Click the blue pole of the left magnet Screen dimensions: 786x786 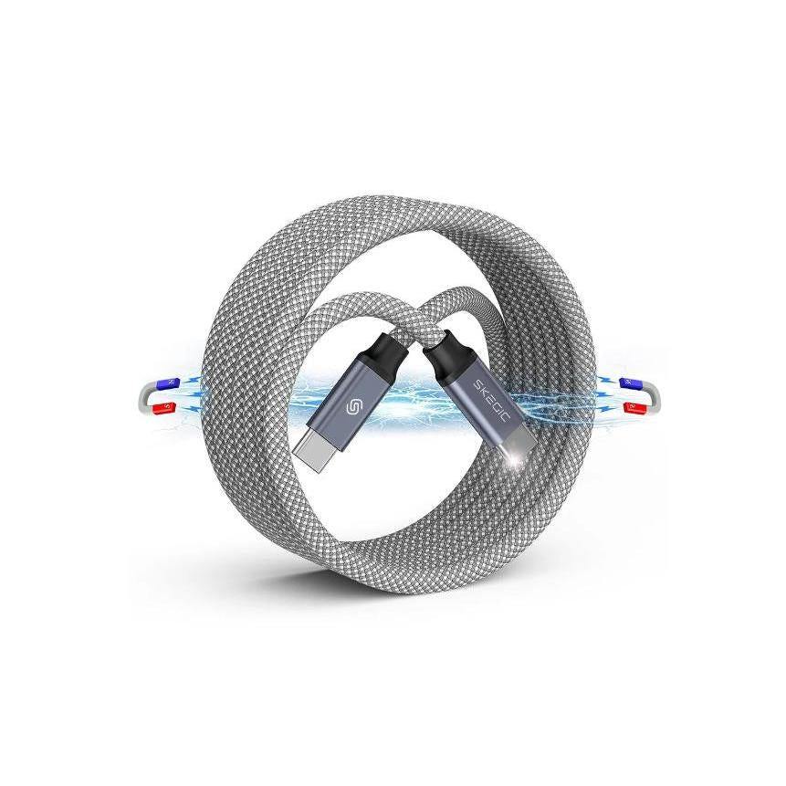pos(164,382)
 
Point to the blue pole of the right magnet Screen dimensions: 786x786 pos(627,382)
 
